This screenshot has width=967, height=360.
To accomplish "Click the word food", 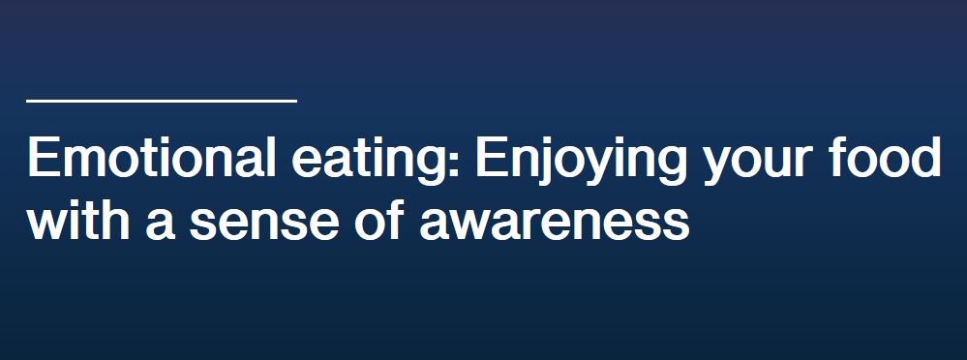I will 891,159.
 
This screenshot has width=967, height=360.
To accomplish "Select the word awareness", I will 554,224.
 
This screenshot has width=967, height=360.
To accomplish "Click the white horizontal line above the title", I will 162,99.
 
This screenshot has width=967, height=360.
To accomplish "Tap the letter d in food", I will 926,159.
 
